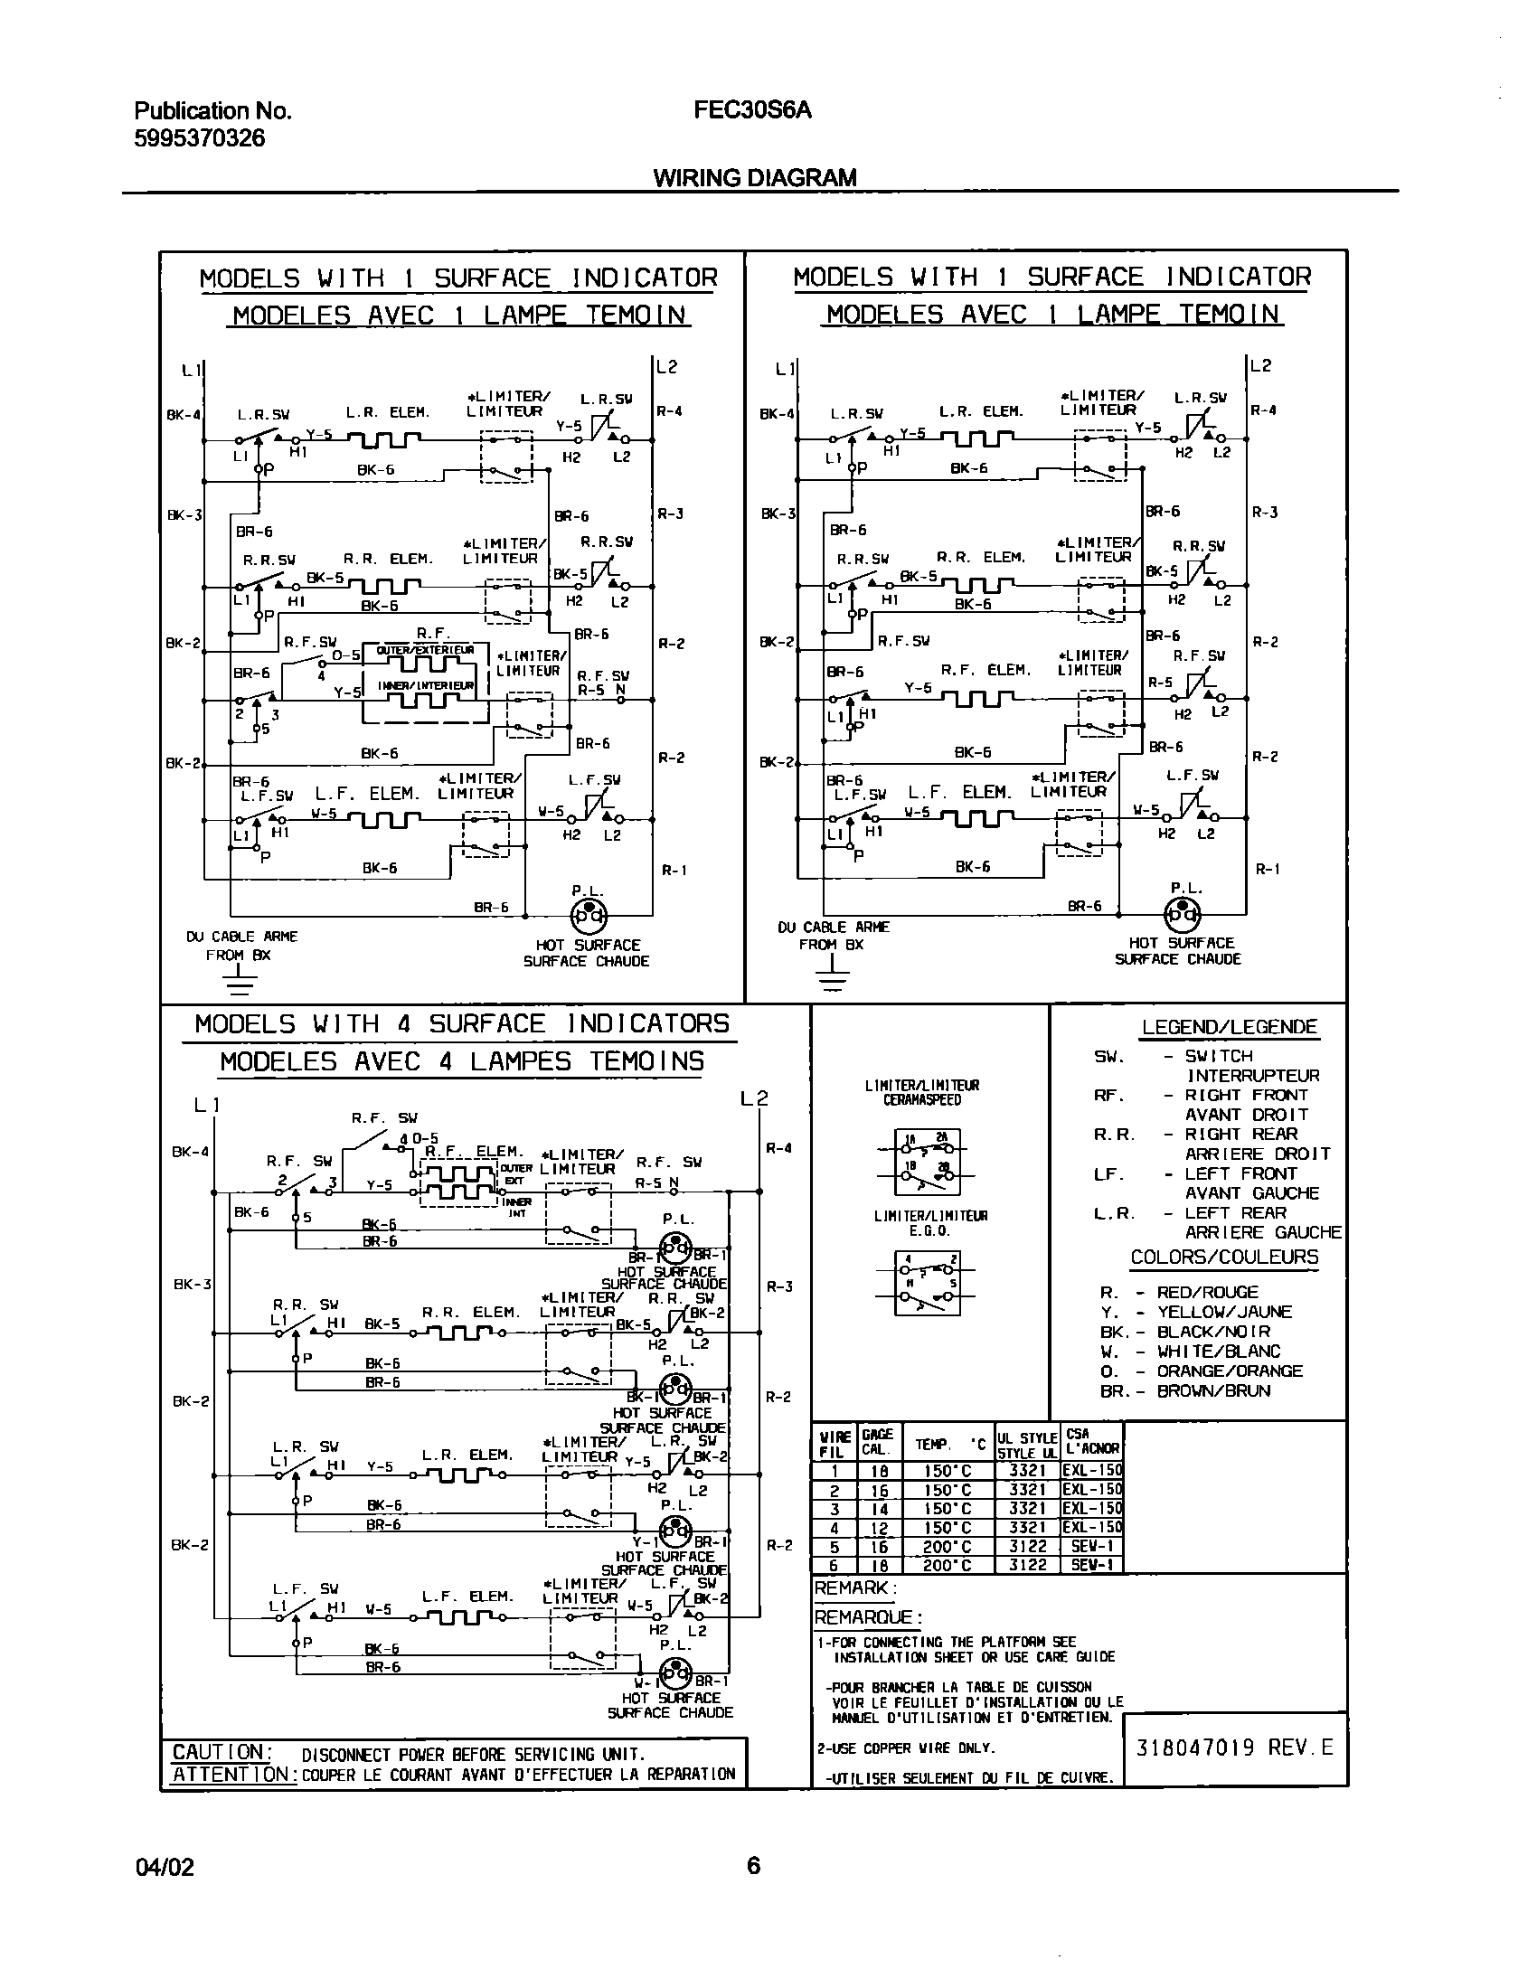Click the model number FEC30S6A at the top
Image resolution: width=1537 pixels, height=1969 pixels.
(x=752, y=110)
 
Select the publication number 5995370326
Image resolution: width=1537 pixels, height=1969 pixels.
(x=200, y=138)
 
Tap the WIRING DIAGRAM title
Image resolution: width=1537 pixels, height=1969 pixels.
(x=754, y=177)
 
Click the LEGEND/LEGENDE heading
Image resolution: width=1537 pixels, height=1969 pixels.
(x=1229, y=1027)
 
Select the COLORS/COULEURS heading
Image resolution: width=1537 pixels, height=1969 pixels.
(x=1224, y=1258)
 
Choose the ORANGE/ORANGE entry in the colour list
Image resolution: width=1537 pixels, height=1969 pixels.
(x=1230, y=1371)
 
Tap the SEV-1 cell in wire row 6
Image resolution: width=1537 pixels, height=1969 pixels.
(x=1091, y=1565)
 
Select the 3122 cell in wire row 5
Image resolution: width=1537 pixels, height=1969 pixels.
(x=1027, y=1546)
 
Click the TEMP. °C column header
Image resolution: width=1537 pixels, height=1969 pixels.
(x=948, y=1445)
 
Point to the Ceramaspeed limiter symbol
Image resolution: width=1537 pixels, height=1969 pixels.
(x=927, y=1161)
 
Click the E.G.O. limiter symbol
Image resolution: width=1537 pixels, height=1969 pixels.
(x=927, y=1283)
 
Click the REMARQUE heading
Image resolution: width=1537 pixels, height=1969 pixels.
(x=868, y=1617)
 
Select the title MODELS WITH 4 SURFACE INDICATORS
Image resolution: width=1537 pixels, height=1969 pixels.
(x=461, y=1024)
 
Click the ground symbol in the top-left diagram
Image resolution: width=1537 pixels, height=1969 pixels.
(x=238, y=979)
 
